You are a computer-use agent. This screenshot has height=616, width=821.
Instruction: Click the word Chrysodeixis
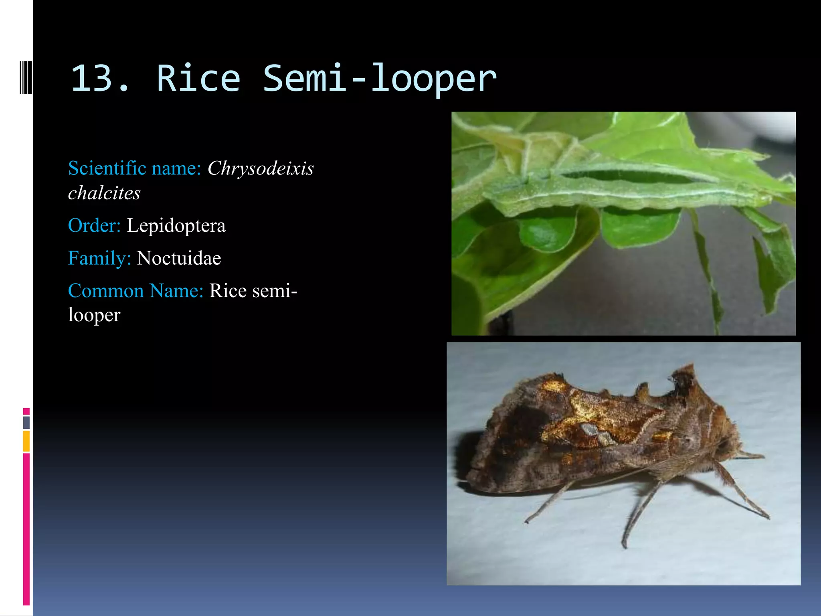point(261,168)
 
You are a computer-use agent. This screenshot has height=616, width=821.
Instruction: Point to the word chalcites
point(104,193)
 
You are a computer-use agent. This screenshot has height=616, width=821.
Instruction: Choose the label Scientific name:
point(135,168)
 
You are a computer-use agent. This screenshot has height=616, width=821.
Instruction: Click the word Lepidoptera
point(176,225)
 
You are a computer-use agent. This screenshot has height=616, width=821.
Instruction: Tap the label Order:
point(94,225)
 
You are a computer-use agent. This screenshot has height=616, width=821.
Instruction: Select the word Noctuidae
point(179,258)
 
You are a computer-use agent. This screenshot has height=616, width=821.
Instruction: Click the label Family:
point(99,258)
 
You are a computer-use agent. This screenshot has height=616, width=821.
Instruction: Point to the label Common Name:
point(136,290)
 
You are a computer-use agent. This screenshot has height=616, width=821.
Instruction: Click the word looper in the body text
point(94,315)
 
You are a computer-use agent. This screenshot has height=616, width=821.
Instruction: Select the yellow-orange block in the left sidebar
point(26,441)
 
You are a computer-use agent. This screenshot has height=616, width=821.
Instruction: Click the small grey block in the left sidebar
point(26,422)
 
